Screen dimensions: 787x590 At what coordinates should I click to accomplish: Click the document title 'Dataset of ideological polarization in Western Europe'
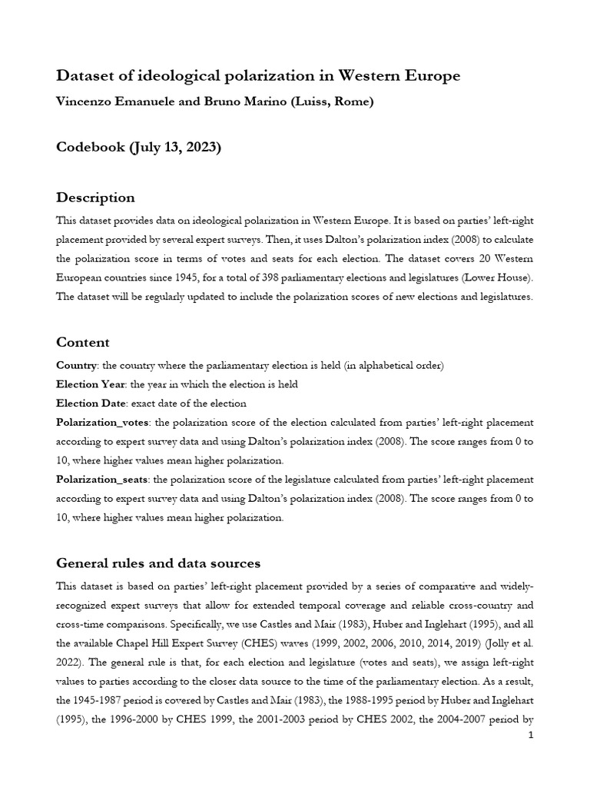[258, 75]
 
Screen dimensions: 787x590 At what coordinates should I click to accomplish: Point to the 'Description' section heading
[95, 198]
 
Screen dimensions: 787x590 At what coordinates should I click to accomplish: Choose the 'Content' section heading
[83, 342]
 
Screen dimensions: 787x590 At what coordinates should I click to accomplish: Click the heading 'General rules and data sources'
[158, 563]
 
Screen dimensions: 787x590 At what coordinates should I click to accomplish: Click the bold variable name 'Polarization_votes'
[102, 423]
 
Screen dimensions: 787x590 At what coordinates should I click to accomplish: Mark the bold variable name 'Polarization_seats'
[102, 479]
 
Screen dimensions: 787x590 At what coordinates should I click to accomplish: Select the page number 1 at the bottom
[531, 736]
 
